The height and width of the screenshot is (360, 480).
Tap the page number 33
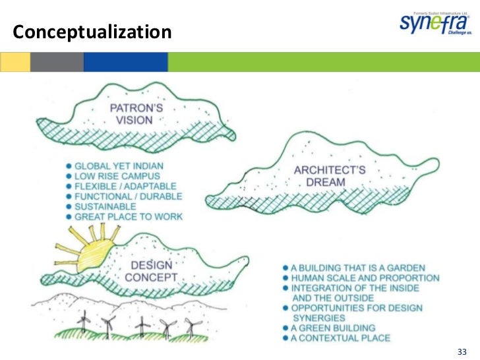[x=462, y=349]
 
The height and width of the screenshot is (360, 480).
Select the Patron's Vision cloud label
[x=131, y=113]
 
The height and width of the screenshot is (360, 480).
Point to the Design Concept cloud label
[x=152, y=271]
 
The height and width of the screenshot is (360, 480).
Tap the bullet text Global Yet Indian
[x=119, y=165]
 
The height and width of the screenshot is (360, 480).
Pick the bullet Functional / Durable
[x=129, y=196]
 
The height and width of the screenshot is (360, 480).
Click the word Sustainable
[x=108, y=206]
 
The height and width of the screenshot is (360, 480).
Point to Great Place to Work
[x=129, y=217]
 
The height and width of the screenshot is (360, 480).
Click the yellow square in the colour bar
[x=15, y=63]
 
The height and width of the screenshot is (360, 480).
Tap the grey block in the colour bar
[x=57, y=63]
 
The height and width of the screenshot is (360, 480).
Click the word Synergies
[x=319, y=318]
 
